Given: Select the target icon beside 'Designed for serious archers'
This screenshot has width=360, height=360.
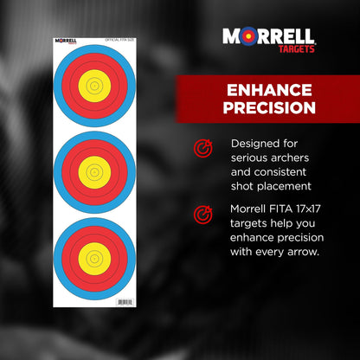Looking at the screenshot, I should (x=202, y=149).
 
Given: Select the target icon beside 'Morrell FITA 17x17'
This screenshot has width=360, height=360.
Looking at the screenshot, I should (x=202, y=213).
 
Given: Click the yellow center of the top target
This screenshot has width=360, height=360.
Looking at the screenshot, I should (x=94, y=87).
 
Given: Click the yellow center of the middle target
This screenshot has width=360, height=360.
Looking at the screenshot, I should (x=94, y=172).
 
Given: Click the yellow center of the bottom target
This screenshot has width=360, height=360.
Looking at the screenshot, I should (x=94, y=258).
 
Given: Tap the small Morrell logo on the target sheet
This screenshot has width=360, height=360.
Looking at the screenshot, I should (x=67, y=39).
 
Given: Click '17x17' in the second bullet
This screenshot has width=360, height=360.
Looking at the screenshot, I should (x=305, y=208).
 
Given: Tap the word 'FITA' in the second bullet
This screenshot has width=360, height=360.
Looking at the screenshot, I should (x=278, y=208).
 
